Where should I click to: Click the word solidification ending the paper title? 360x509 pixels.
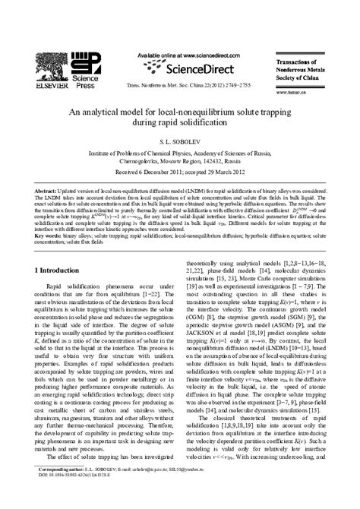[212, 122]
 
